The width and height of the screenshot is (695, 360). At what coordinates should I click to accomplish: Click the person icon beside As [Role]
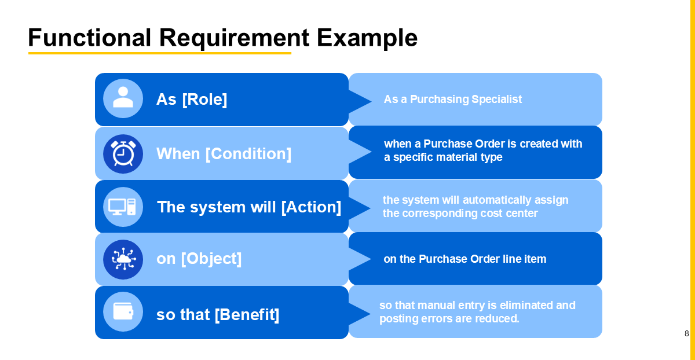pyautogui.click(x=123, y=98)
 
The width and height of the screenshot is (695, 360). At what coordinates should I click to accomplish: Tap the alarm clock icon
pyautogui.click(x=123, y=153)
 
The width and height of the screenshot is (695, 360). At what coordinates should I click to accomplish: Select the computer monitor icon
pyautogui.click(x=123, y=207)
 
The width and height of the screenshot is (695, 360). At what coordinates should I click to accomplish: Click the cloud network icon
pyautogui.click(x=123, y=259)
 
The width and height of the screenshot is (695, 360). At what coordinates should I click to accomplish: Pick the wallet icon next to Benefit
pyautogui.click(x=123, y=311)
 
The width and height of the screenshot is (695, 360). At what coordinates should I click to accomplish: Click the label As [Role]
pyautogui.click(x=192, y=100)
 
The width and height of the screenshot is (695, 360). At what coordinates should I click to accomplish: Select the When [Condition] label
pyautogui.click(x=224, y=154)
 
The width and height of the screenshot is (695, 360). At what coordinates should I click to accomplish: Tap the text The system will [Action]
pyautogui.click(x=249, y=207)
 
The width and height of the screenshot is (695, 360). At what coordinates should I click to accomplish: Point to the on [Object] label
pyautogui.click(x=199, y=259)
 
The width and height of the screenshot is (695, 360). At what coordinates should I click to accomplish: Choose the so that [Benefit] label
pyautogui.click(x=218, y=315)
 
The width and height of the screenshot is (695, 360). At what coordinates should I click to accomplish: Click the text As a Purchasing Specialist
pyautogui.click(x=452, y=100)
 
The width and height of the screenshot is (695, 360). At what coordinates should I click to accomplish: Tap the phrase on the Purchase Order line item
pyautogui.click(x=464, y=259)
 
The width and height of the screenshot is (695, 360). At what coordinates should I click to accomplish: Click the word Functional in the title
pyautogui.click(x=89, y=38)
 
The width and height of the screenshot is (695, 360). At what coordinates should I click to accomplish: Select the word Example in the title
pyautogui.click(x=367, y=38)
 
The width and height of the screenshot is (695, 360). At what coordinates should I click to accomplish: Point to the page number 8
pyautogui.click(x=686, y=333)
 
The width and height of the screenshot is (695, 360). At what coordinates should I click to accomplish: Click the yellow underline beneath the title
pyautogui.click(x=160, y=53)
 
